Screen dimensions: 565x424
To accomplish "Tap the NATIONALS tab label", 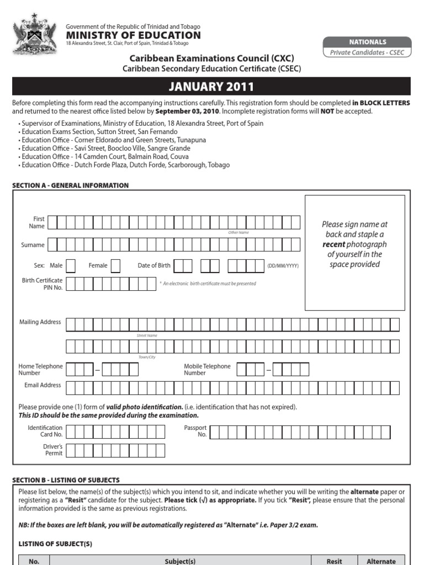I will point(367,42).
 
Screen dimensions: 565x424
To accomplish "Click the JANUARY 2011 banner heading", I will point(211,87).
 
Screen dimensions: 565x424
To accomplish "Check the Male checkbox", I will point(71,266).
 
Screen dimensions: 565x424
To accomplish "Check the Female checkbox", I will point(115,266).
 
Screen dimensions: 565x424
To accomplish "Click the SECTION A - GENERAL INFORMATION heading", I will point(70,185).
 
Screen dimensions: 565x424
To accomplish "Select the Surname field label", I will point(33,245).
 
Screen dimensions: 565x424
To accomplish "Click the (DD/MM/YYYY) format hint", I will point(283,266).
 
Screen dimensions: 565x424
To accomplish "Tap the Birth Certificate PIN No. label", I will point(42,284).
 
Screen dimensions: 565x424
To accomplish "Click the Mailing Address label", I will point(40,322).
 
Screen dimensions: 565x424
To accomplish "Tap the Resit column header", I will point(334,561).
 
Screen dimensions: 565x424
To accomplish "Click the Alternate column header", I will point(381,561).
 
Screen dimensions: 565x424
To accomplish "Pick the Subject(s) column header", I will point(180,561).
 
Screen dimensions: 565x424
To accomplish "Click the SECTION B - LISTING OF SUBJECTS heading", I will point(66,480).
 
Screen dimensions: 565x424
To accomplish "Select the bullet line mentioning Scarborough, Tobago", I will point(125,165).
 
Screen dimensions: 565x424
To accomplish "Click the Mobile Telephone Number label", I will point(207,370).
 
